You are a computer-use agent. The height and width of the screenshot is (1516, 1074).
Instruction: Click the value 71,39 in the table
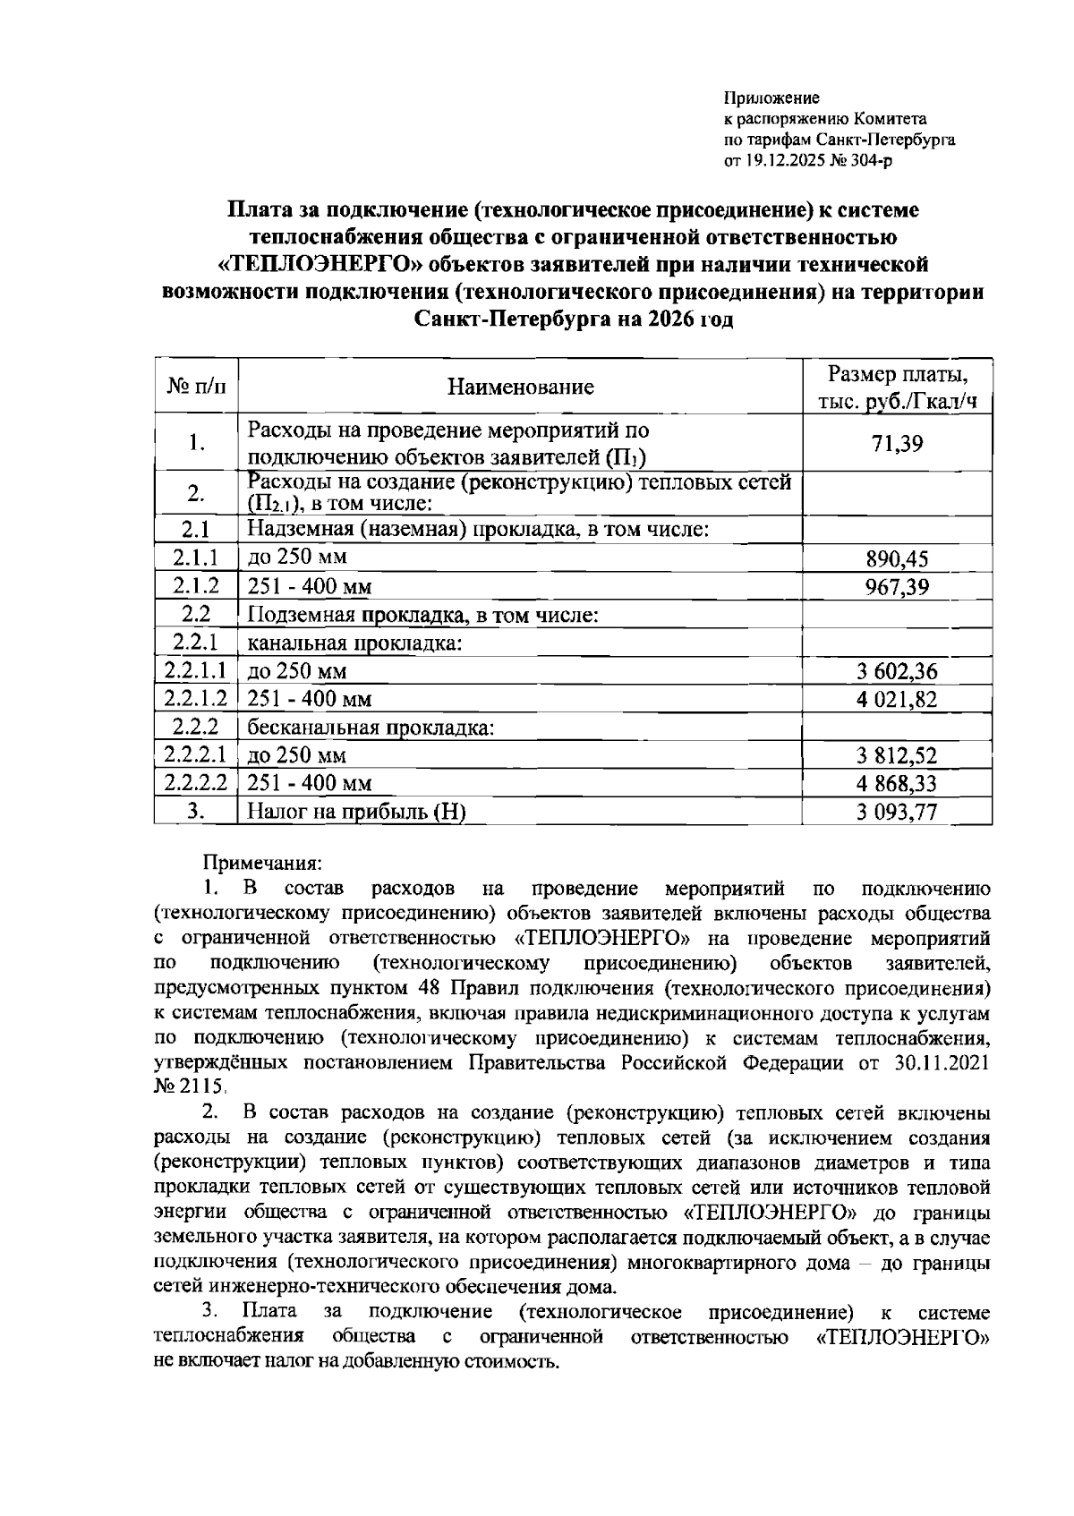pyautogui.click(x=897, y=443)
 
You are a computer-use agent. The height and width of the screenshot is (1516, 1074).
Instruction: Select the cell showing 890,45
pyautogui.click(x=897, y=559)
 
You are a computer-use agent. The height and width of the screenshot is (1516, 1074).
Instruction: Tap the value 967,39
pyautogui.click(x=897, y=587)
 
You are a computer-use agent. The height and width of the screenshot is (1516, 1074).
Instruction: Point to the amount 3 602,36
pyautogui.click(x=897, y=671)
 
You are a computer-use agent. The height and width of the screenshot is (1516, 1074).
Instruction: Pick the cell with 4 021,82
pyautogui.click(x=897, y=699)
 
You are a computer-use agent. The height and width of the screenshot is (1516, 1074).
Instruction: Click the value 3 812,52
pyautogui.click(x=897, y=755)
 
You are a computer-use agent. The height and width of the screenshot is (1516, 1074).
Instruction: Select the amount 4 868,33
pyautogui.click(x=897, y=783)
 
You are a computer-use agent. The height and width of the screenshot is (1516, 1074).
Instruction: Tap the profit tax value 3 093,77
pyautogui.click(x=897, y=812)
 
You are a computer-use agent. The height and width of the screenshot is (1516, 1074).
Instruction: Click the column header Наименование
pyautogui.click(x=520, y=388)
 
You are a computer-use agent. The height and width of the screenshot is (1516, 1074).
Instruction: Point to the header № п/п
pyautogui.click(x=197, y=388)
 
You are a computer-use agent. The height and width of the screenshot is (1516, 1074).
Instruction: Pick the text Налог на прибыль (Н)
pyautogui.click(x=357, y=812)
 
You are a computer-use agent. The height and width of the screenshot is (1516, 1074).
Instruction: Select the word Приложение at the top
pyautogui.click(x=771, y=98)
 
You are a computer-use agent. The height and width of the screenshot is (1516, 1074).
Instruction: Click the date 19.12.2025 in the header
pyautogui.click(x=784, y=161)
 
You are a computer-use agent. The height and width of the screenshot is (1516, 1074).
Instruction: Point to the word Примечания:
pyautogui.click(x=261, y=864)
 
